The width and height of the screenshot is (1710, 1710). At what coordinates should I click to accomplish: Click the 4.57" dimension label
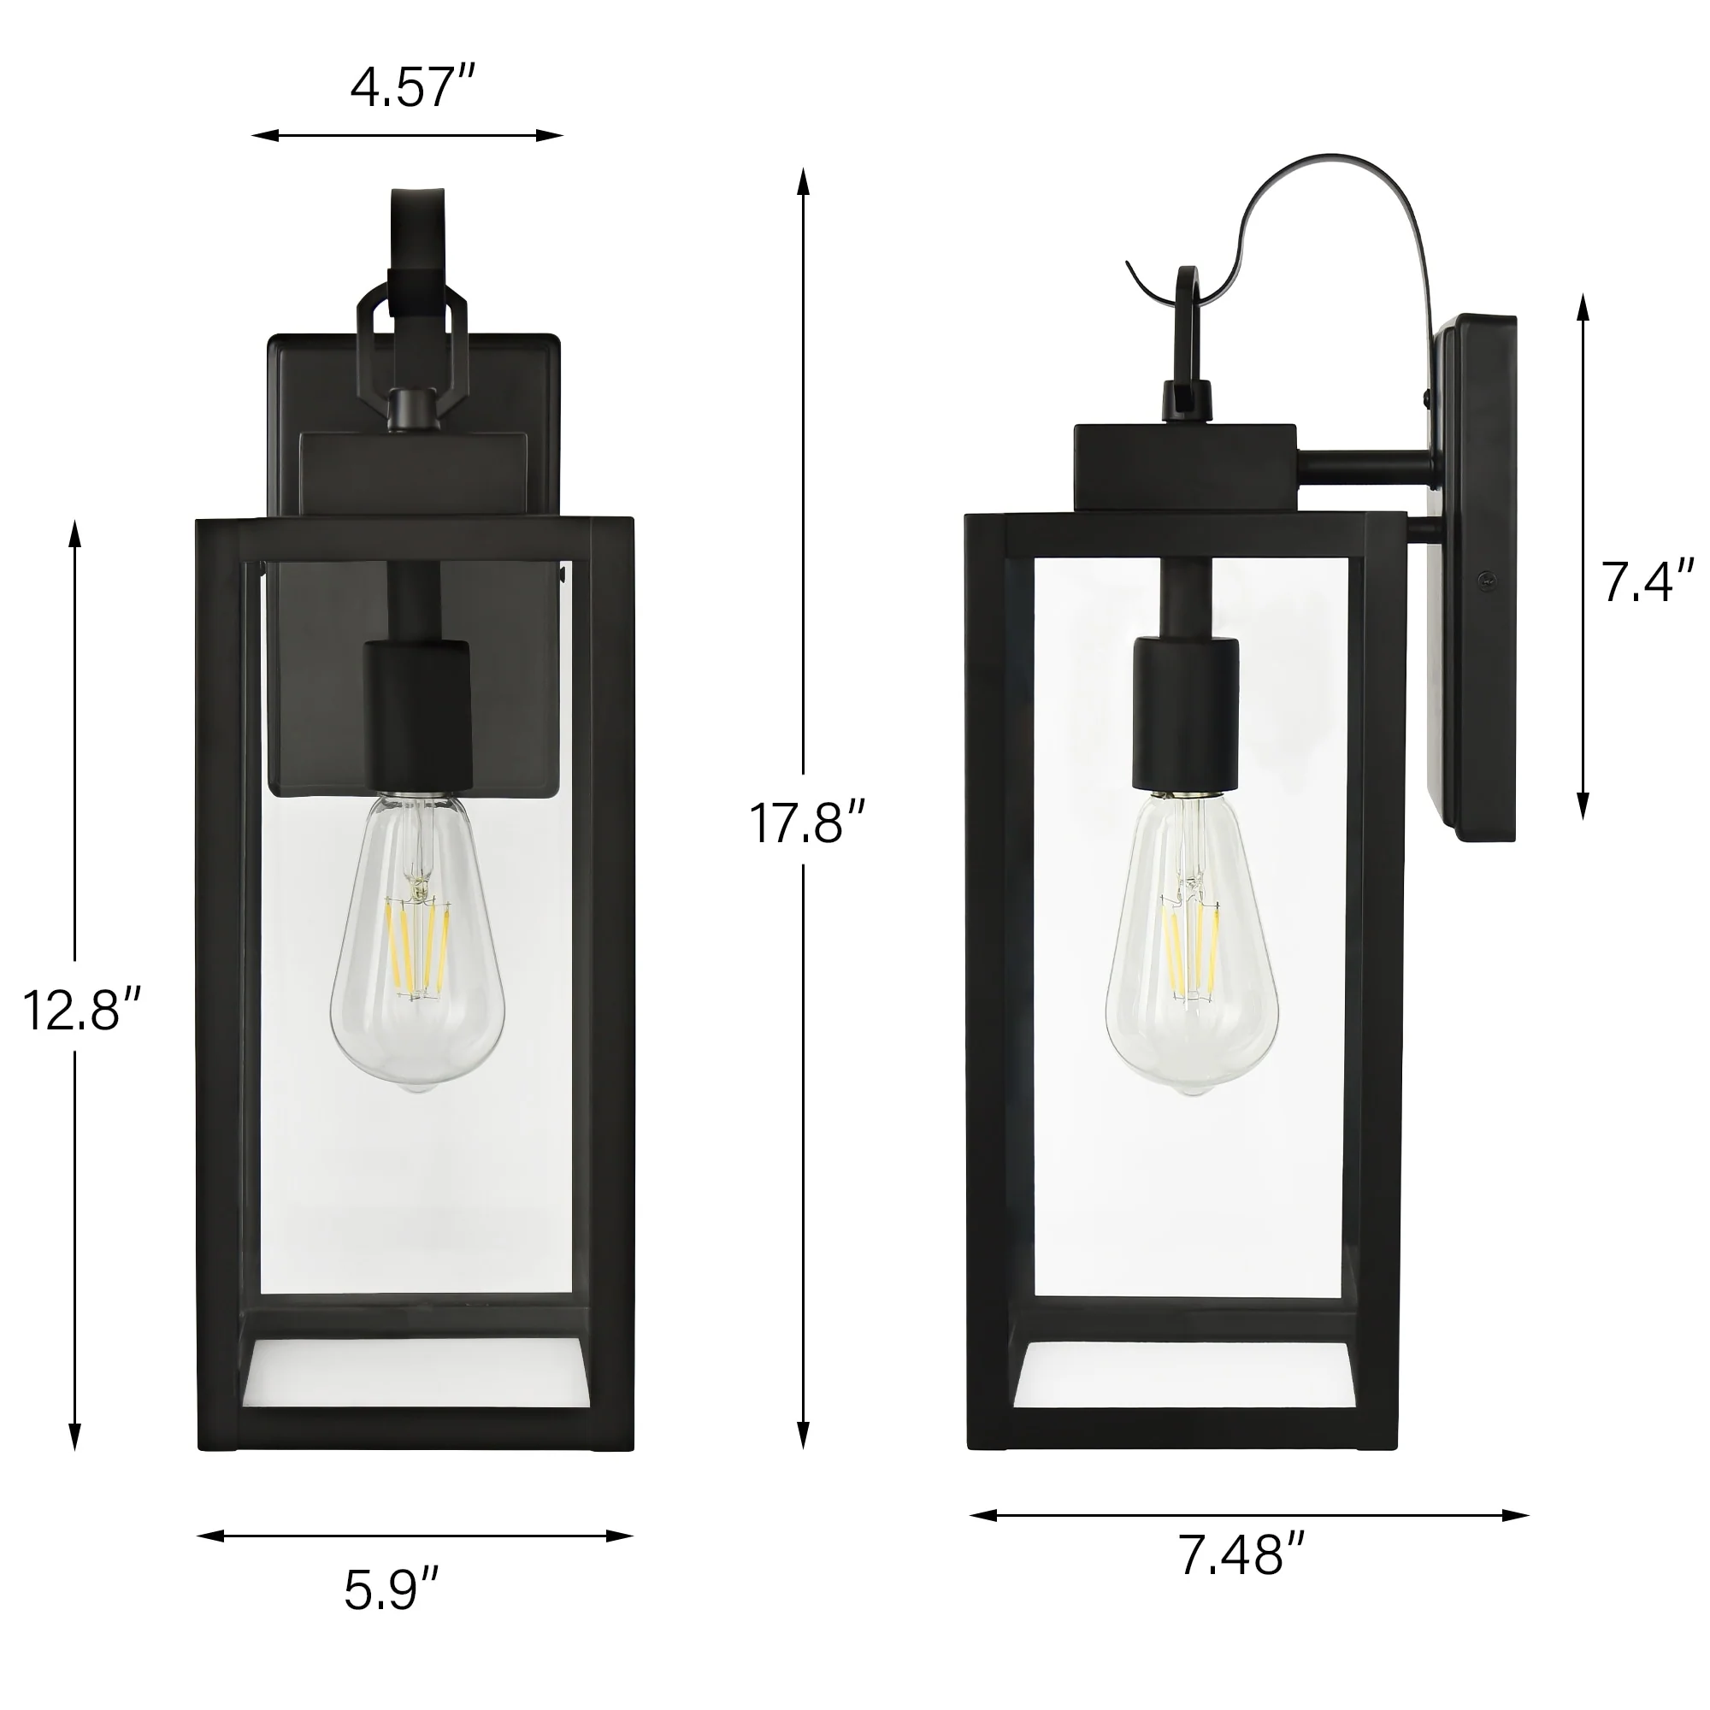click(x=413, y=89)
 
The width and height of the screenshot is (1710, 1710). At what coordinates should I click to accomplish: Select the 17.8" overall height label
click(x=806, y=823)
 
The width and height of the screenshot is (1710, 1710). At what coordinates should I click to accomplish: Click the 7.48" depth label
click(x=1241, y=1578)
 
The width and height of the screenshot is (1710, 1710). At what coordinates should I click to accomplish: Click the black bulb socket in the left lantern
click(x=417, y=717)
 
